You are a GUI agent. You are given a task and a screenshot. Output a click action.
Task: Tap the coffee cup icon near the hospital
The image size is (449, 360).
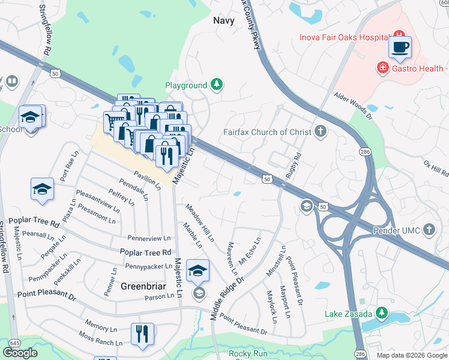pos(400,47)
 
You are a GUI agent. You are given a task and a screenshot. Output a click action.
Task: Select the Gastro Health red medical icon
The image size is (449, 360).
pos(382,67)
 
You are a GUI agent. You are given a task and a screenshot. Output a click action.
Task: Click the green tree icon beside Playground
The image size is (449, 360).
pos(216,85)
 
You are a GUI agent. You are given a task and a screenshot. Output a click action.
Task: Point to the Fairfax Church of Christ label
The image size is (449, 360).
pos(268,131)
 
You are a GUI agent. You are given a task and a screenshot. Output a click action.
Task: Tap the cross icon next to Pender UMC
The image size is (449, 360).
pos(429,229)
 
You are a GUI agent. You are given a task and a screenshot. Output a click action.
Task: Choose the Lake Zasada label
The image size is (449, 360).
pos(349,313)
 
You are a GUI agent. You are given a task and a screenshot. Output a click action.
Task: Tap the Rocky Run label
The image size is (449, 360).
pos(248,353)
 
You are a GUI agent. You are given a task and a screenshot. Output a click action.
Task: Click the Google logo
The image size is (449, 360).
pos(20,352)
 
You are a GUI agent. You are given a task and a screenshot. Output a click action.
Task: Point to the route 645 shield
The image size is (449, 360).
pos(15,343)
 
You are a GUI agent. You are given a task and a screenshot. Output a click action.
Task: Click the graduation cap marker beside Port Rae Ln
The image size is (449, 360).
pos(42,190)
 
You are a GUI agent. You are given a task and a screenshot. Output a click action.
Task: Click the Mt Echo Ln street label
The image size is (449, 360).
pos(250,251)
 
